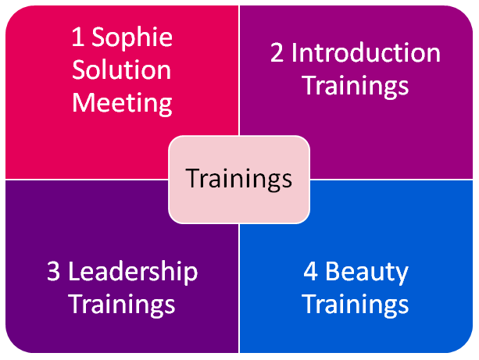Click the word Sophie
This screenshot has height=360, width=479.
pos(132,37)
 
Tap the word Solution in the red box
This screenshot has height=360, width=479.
pos(122,70)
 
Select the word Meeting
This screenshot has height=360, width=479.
pos(122,104)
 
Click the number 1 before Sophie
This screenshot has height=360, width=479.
pos(78,37)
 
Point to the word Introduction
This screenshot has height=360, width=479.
pos(366,53)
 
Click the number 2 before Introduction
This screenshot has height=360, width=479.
pos(277,53)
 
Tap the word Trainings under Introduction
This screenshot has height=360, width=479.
pos(356,86)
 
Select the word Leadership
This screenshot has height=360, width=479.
pos(133,272)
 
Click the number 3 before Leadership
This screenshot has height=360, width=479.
pos(53,272)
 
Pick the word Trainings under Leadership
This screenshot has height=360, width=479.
pos(122,305)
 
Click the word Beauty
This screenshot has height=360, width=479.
pos(366,272)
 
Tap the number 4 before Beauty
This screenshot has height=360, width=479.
pos(310,272)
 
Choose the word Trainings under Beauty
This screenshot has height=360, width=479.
pos(356,305)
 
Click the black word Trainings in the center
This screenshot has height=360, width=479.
pos(239,180)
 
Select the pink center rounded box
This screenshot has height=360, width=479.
pos(239,180)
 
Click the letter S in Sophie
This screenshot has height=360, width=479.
pos(98,37)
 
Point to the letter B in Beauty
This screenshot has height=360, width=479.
pos(332,271)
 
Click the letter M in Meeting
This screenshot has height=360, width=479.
pos(82,102)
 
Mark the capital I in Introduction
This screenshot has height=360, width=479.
pos(293,53)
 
